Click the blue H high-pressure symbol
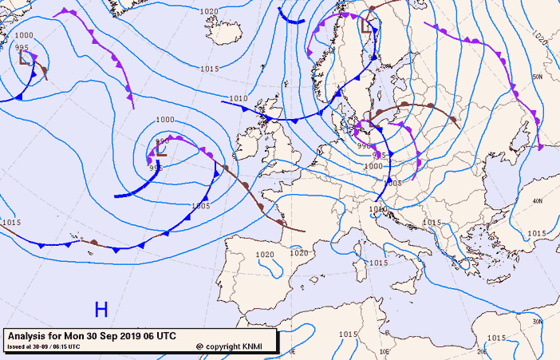101,309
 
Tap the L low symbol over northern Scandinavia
367,26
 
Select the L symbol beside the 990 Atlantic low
161,148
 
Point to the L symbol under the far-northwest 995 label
25,57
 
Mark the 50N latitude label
537,77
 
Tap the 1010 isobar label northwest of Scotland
238,98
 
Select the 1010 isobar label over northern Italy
378,209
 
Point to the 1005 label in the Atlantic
200,205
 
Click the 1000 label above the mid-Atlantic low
164,120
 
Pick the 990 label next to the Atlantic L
162,140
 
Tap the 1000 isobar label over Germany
373,166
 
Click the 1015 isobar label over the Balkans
432,223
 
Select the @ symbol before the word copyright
199,346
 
